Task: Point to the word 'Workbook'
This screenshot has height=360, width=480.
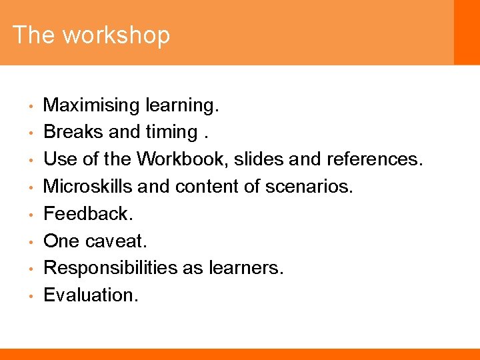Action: pyautogui.click(x=181, y=159)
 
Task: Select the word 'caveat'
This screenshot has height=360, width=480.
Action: pyautogui.click(x=119, y=241)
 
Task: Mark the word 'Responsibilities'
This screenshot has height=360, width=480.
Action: pyautogui.click(x=110, y=267)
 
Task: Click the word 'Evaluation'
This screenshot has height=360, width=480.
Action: pyautogui.click(x=90, y=295)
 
